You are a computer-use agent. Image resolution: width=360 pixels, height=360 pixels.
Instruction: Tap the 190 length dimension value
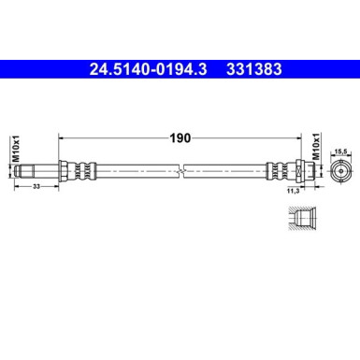(x=180, y=137)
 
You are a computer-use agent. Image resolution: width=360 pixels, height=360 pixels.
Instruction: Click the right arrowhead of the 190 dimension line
(x=302, y=137)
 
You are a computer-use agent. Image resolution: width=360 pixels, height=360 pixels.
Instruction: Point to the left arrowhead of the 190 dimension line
(x=62, y=137)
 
